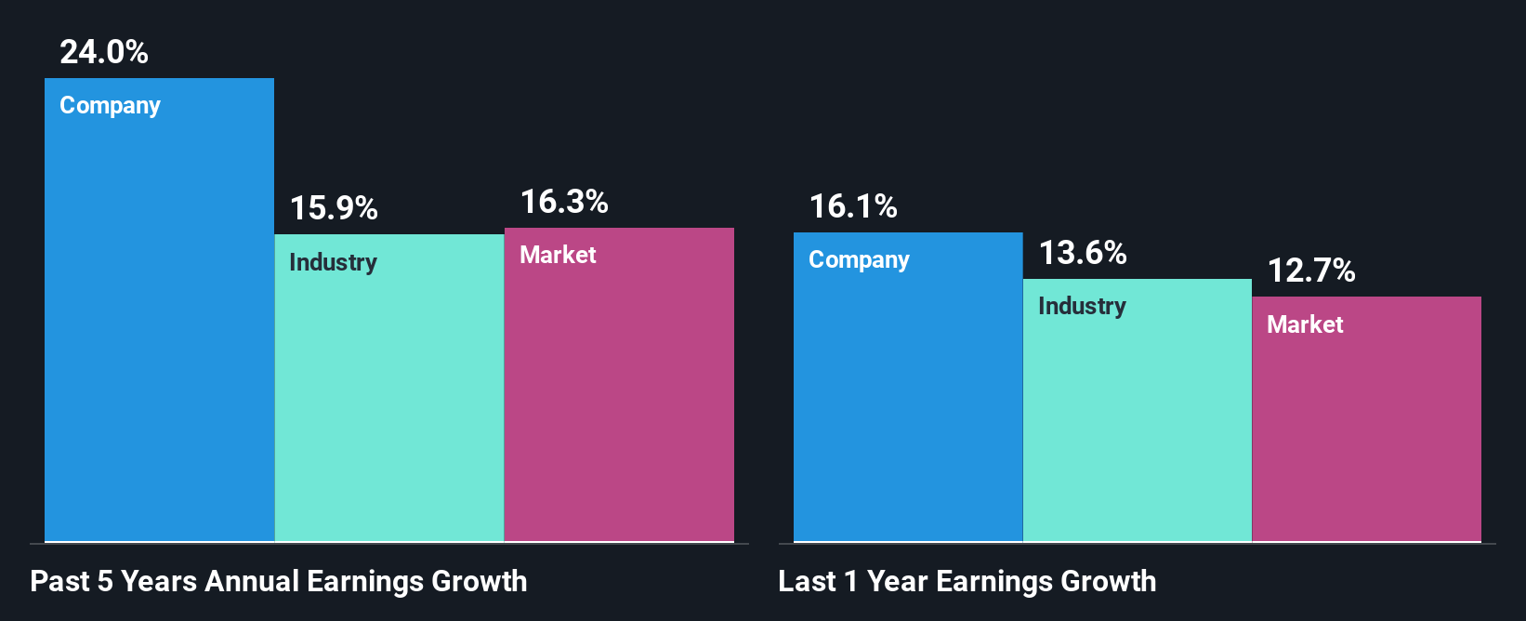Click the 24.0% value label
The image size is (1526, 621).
(103, 52)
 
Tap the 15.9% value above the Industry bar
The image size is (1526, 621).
(333, 208)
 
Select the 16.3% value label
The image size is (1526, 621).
(563, 202)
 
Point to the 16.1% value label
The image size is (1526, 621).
(852, 206)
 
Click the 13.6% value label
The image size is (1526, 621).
(1082, 253)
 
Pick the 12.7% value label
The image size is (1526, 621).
(1310, 271)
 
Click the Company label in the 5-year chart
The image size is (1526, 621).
(110, 106)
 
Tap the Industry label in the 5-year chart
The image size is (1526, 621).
(333, 262)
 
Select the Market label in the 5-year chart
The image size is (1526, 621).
(558, 255)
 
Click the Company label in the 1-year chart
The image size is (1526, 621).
(859, 260)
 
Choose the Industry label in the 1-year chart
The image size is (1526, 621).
(1082, 306)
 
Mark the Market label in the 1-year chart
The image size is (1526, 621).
(1305, 324)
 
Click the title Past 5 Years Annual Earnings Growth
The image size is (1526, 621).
(278, 582)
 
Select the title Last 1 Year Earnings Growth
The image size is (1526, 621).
(967, 582)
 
